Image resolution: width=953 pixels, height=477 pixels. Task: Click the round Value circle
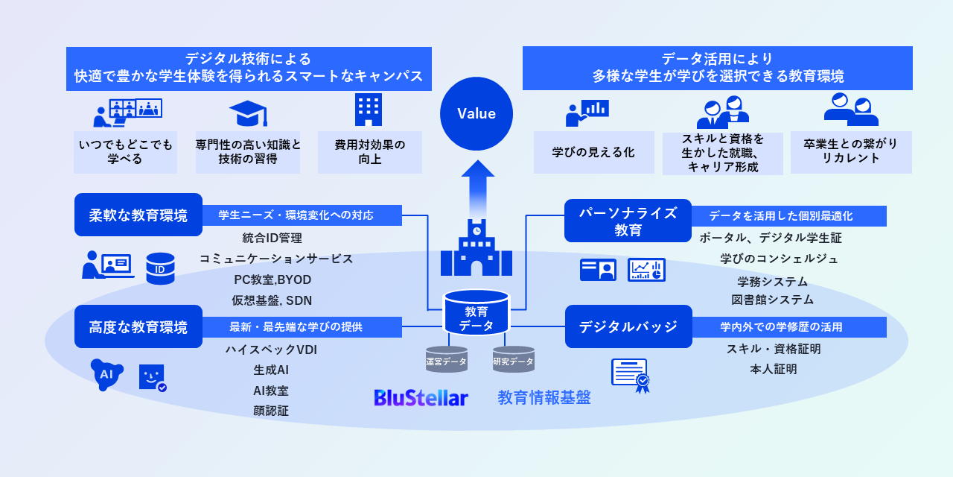(476, 114)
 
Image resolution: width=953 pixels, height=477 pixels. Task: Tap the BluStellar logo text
(421, 397)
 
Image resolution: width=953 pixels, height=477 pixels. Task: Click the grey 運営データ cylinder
(447, 360)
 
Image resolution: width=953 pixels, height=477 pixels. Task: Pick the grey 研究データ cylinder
(514, 360)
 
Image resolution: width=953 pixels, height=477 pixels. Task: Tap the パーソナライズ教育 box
(628, 221)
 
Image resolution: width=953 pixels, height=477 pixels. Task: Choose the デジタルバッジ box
(628, 326)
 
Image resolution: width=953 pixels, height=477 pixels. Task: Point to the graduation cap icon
(248, 113)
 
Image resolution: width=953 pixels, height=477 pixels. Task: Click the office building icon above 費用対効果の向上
(369, 110)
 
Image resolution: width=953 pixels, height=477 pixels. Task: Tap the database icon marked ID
(160, 268)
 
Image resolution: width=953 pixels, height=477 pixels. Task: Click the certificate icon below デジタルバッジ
(630, 375)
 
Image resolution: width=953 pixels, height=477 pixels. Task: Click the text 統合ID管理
(272, 238)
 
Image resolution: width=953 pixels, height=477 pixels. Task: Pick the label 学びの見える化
(593, 152)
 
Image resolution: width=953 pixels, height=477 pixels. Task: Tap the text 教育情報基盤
(544, 397)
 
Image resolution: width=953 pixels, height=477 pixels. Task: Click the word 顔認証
(271, 410)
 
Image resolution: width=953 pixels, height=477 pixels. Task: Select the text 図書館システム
(772, 300)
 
